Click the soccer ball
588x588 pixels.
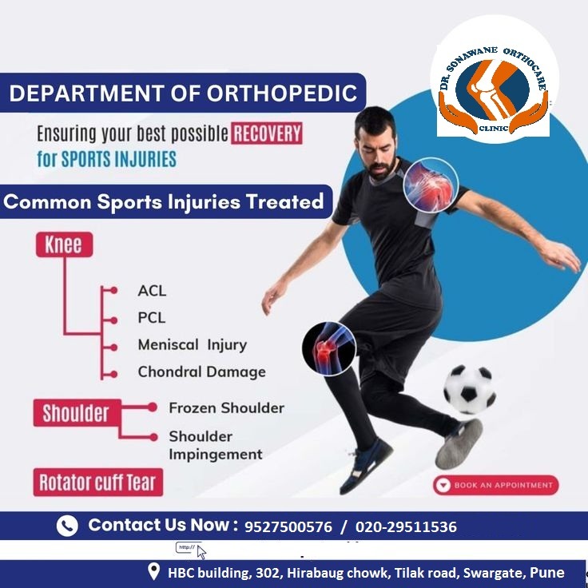(x=470, y=389)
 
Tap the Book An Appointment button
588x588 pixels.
(x=495, y=485)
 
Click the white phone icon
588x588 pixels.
(x=67, y=526)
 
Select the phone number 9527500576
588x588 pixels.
(x=288, y=526)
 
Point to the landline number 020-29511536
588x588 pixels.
(x=406, y=526)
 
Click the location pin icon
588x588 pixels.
(x=153, y=571)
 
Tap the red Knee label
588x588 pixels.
(x=64, y=245)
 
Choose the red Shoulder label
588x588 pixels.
(x=77, y=413)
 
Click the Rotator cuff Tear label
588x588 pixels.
(x=98, y=483)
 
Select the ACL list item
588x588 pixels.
(x=152, y=291)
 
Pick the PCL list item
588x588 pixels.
(x=152, y=318)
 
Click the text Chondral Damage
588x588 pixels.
(x=202, y=371)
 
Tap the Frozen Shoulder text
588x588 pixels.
(x=227, y=408)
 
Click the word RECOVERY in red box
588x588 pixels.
(x=267, y=133)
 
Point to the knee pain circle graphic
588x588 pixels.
(x=329, y=349)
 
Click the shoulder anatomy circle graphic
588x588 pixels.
(x=431, y=185)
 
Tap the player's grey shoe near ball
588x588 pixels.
(x=459, y=443)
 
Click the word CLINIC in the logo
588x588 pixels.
(x=494, y=129)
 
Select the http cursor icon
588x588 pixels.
(x=191, y=550)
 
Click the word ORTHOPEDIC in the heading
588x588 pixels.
(x=282, y=93)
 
